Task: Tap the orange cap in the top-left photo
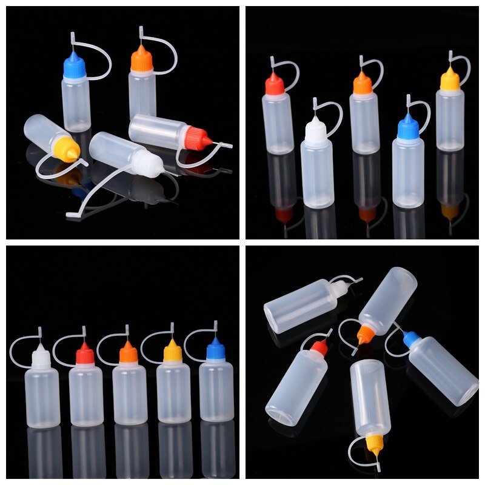click(141, 61)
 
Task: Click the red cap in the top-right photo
click(274, 85)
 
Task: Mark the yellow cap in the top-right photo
click(449, 81)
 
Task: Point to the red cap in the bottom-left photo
click(85, 355)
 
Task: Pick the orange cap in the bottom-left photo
click(128, 354)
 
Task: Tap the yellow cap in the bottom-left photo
click(172, 352)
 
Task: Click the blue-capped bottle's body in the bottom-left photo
click(216, 391)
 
